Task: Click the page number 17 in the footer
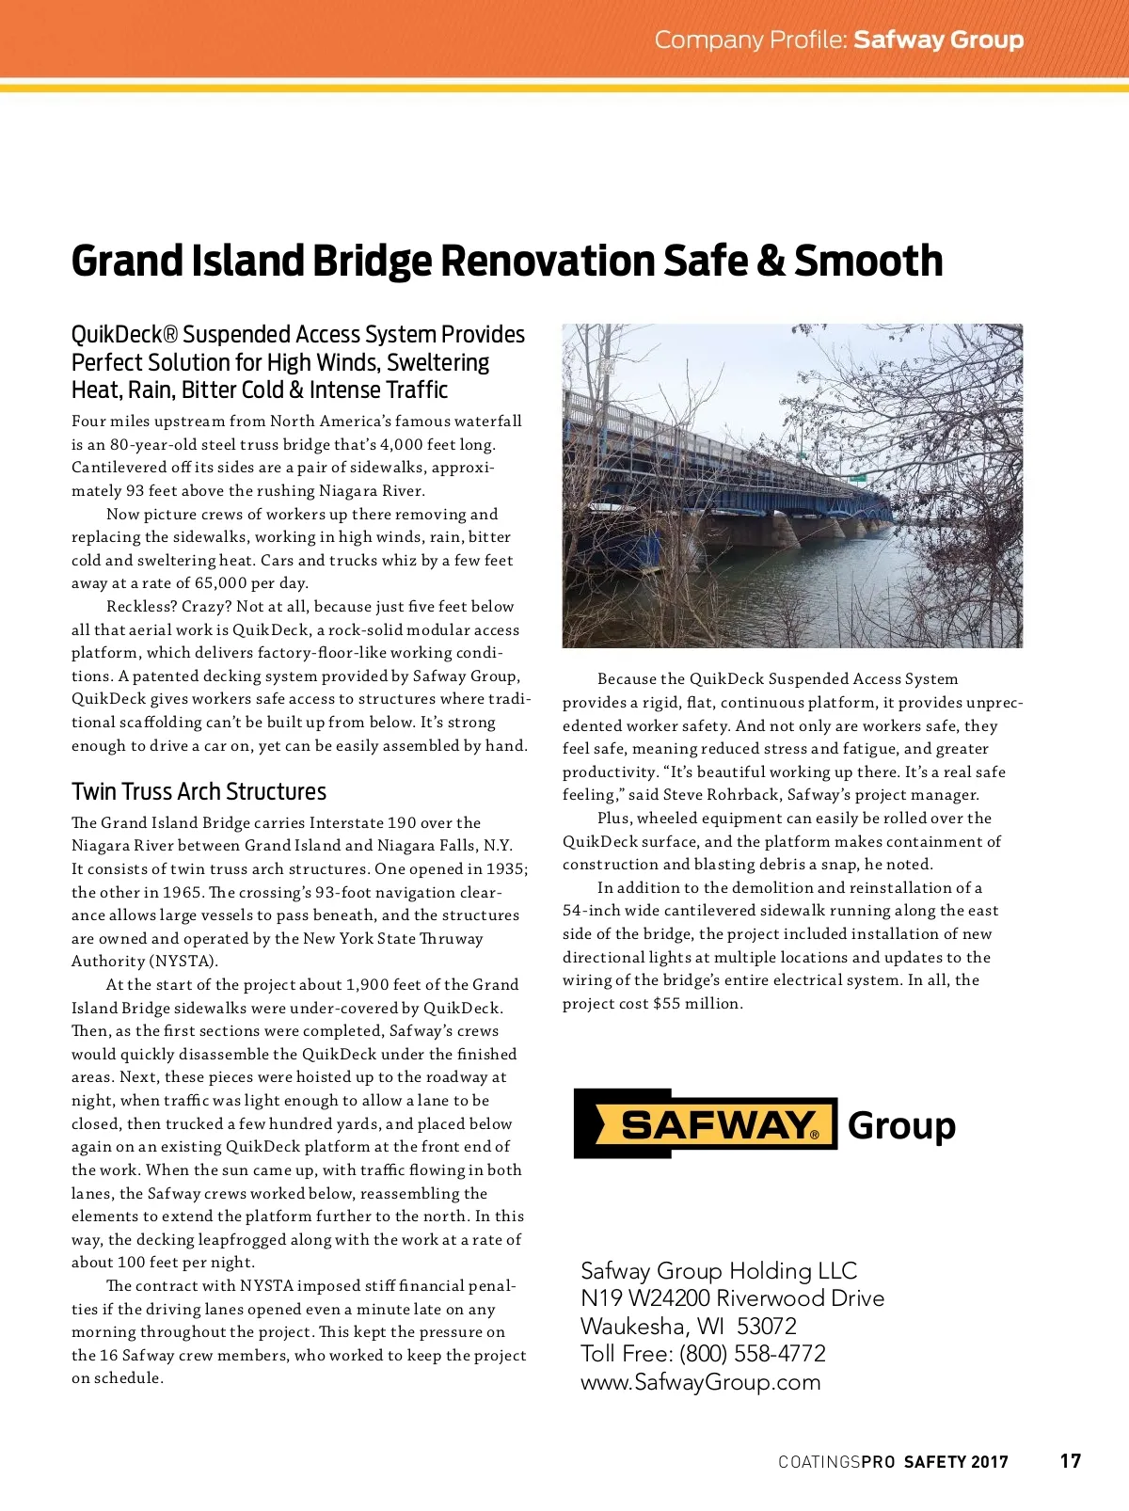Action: point(1070,1460)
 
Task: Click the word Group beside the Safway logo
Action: point(901,1125)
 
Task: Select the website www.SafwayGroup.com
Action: point(700,1382)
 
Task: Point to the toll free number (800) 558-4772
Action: point(752,1354)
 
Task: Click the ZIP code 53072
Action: point(767,1327)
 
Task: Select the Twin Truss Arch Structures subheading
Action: point(199,791)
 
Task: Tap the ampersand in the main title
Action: point(771,262)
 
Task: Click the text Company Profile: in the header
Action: point(751,40)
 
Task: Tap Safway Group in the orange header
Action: point(938,40)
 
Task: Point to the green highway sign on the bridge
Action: point(858,478)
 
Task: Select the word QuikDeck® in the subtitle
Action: point(123,335)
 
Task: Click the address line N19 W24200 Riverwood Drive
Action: point(732,1298)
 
